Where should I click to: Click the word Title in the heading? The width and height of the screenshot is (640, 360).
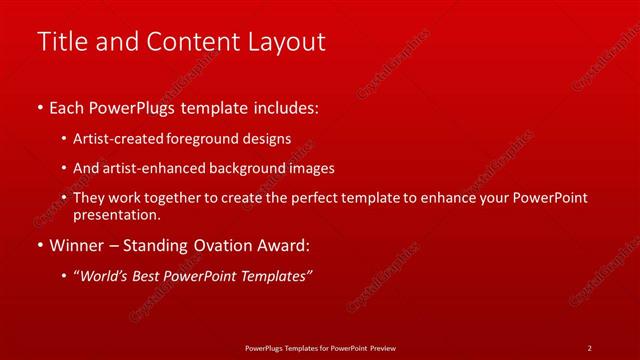pyautogui.click(x=61, y=42)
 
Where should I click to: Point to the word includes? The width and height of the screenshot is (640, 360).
pyautogui.click(x=285, y=107)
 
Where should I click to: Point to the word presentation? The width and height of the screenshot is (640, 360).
pyautogui.click(x=116, y=215)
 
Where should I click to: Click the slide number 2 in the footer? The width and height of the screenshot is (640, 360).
pyautogui.click(x=589, y=348)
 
